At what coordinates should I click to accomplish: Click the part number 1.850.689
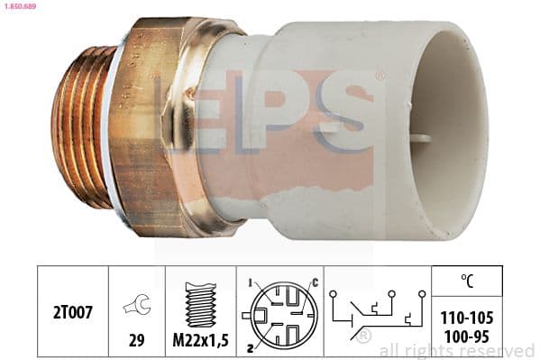coord(20,6)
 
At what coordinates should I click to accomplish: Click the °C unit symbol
coord(466,280)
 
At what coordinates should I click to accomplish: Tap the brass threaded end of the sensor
coord(81,126)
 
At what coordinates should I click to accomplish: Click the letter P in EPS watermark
coord(270,113)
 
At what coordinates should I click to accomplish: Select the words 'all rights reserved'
coord(456,350)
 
